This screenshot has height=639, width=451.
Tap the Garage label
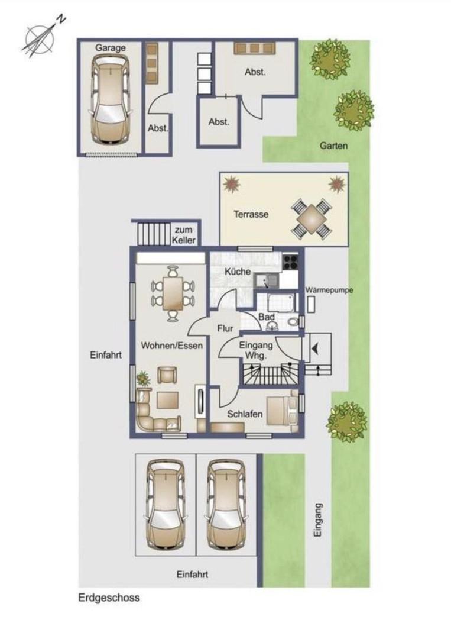point(111,48)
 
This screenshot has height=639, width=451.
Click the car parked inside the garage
point(111,98)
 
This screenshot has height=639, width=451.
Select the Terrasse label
point(251,214)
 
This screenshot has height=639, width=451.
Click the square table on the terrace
point(312,220)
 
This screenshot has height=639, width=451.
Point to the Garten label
point(334,146)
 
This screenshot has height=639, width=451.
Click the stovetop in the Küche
point(290,262)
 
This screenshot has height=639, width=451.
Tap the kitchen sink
point(267,281)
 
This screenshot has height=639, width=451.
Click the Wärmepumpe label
point(329,291)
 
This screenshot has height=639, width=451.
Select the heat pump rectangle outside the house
point(312,305)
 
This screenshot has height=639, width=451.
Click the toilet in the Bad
point(293,322)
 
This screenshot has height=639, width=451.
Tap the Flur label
point(225,328)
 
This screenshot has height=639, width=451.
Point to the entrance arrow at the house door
point(316,348)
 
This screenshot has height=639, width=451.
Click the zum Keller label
point(184,235)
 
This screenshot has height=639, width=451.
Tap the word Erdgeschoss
point(109,598)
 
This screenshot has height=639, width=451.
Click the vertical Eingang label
point(318,520)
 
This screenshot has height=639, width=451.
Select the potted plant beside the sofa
point(143,379)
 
